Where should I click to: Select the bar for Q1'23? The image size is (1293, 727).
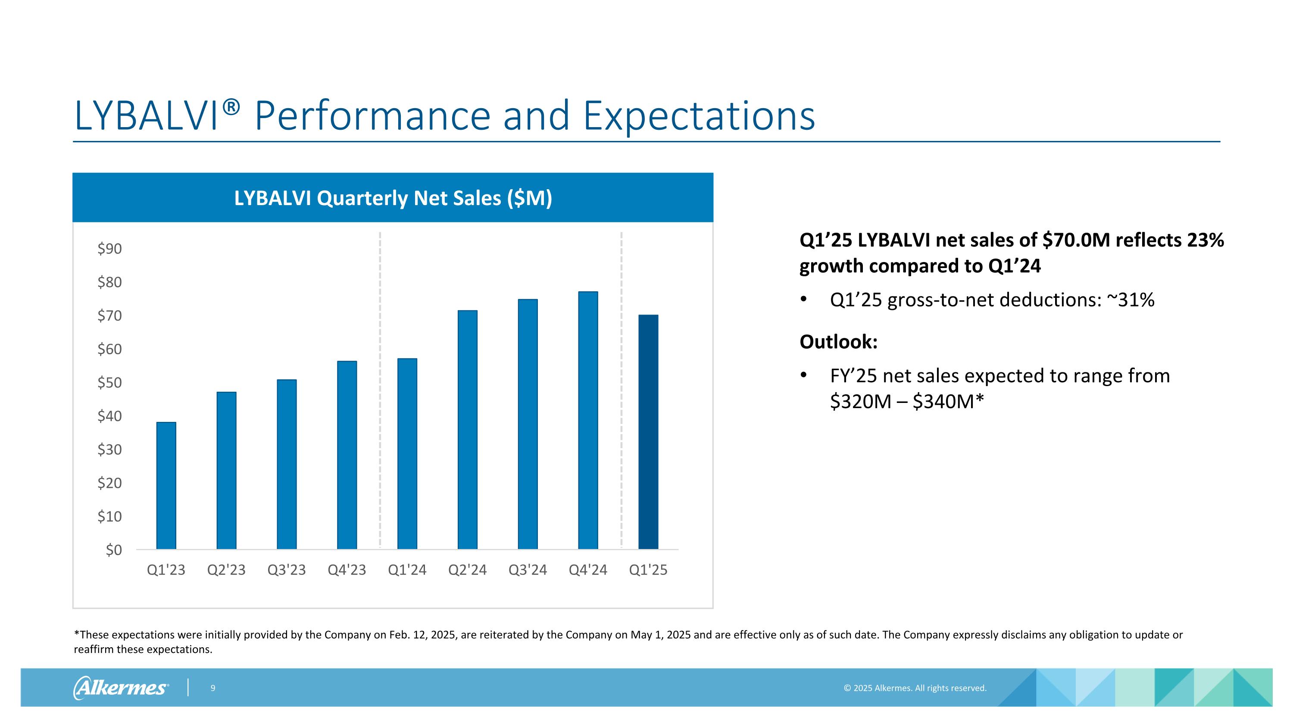click(x=166, y=485)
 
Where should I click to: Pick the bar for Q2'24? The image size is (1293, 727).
click(x=467, y=430)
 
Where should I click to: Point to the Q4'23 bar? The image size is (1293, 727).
click(x=347, y=455)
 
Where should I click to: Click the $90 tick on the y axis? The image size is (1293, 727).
click(x=109, y=248)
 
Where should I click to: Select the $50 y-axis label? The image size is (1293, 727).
click(x=109, y=382)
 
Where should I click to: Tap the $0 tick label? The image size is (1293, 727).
click(x=113, y=550)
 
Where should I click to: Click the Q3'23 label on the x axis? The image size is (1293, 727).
click(x=287, y=570)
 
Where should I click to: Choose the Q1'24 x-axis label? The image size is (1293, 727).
click(x=407, y=570)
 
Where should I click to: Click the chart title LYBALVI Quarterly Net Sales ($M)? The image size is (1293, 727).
click(x=393, y=198)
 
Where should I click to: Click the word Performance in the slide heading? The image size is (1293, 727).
click(x=372, y=116)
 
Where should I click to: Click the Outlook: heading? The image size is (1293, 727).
click(x=838, y=342)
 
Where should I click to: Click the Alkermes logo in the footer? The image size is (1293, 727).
click(x=121, y=687)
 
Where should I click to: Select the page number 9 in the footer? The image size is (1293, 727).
click(x=213, y=688)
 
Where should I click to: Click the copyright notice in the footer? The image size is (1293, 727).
click(x=915, y=688)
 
